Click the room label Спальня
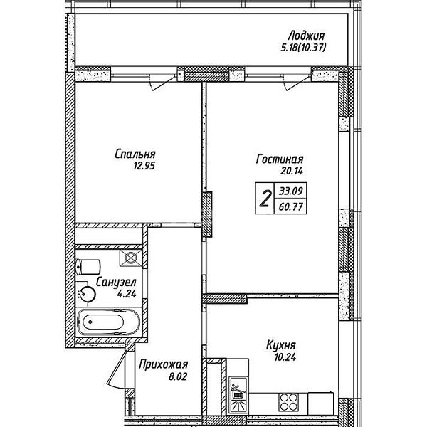tap(135, 154)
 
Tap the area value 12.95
tap(144, 166)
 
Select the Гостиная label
tap(280, 159)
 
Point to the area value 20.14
tap(292, 171)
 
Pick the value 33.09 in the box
tap(291, 191)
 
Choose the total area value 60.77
tap(291, 207)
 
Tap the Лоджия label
tap(306, 36)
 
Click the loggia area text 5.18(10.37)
tap(303, 48)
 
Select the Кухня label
tap(281, 346)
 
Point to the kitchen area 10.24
tap(285, 357)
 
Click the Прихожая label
tap(164, 364)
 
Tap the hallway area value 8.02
tap(178, 377)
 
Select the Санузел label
tap(116, 282)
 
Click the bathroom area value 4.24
tap(127, 294)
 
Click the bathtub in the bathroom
tap(108, 322)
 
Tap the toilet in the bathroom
tap(88, 267)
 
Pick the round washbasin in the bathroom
tap(88, 294)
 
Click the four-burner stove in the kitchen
tap(288, 403)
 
